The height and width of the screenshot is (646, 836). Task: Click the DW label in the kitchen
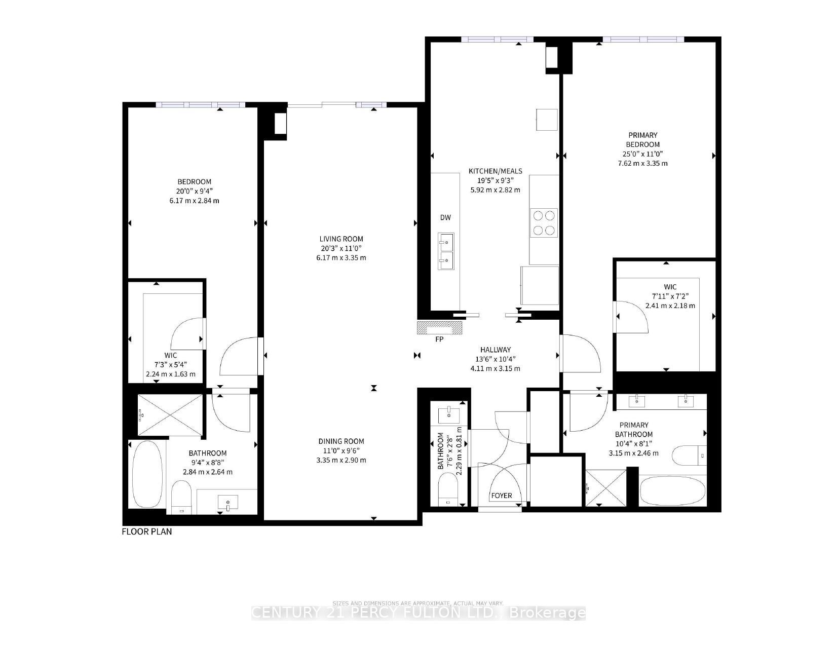445,218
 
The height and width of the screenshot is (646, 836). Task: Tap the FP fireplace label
439,339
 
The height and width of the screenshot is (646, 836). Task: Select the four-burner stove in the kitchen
544,223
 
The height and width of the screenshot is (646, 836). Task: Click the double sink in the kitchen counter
446,251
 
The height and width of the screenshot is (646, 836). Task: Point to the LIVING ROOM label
341,239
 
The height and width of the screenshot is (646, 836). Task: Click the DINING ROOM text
341,441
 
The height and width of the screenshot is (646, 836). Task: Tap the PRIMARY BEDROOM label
642,140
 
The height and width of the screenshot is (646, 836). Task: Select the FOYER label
501,495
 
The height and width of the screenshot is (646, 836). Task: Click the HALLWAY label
495,350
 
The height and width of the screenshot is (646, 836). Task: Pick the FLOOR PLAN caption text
147,531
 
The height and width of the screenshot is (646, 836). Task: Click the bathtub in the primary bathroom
672,490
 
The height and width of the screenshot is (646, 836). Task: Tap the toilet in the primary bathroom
688,455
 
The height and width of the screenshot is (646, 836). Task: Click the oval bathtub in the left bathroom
147,474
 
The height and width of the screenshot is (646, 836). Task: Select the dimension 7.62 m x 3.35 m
642,163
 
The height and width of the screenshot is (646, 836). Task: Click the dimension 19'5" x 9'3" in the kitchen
495,180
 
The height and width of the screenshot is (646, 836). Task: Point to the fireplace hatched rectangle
440,328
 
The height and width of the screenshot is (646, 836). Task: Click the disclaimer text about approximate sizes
418,603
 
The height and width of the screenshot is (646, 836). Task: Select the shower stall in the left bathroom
171,415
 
